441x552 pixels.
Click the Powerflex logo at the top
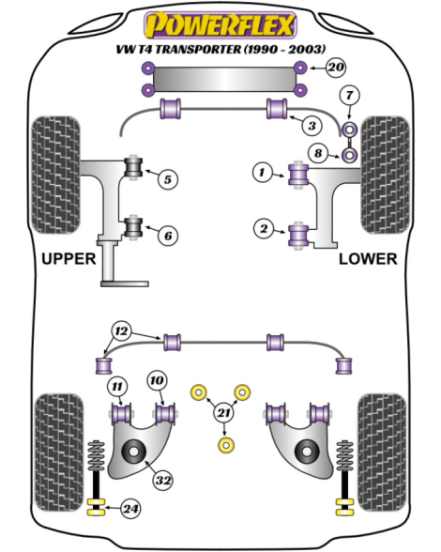pos(220,24)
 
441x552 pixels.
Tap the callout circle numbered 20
pos(336,67)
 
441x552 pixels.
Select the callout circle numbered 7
pos(349,96)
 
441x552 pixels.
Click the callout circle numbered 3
pos(312,126)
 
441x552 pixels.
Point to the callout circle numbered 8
pos(318,153)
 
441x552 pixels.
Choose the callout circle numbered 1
pos(262,172)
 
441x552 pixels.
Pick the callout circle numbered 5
pos(168,179)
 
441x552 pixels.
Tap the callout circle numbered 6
pos(168,235)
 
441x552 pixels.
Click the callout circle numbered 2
pos(264,229)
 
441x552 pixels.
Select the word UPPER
pos(68,259)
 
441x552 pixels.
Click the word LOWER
pos(368,259)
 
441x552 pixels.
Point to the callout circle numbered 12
pos(121,331)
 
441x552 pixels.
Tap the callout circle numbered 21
pos(224,413)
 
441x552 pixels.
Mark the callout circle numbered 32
pos(163,481)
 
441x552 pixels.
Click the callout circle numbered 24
pos(130,509)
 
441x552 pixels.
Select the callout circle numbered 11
pos(117,387)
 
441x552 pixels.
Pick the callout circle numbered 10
pos(157,380)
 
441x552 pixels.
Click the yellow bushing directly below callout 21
pos(226,445)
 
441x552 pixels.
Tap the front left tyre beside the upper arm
pos(55,175)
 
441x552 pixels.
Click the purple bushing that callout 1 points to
pos(298,175)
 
